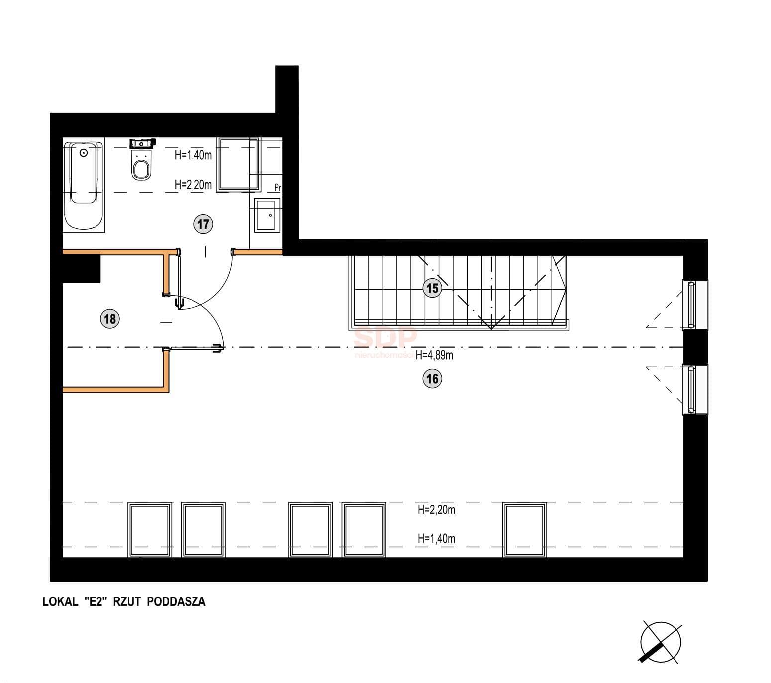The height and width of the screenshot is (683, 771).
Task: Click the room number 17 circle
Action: click(203, 224)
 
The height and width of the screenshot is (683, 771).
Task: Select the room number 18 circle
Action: click(110, 318)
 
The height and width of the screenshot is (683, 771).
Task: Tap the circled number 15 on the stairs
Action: click(432, 288)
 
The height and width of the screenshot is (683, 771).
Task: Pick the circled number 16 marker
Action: click(432, 378)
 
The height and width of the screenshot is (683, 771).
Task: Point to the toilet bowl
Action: click(141, 164)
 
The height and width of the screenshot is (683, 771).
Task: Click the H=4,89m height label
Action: click(434, 355)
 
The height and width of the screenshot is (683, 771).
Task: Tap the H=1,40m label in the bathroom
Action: click(193, 155)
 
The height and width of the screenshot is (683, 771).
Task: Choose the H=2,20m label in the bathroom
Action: click(193, 185)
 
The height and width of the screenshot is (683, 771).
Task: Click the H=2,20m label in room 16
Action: click(436, 509)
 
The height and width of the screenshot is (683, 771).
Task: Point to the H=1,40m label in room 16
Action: click(436, 538)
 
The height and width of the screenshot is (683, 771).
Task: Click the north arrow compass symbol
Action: click(660, 642)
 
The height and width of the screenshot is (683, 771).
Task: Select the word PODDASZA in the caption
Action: click(176, 601)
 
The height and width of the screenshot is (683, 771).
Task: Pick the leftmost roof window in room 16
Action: click(150, 529)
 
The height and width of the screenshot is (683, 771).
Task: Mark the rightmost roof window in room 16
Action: click(525, 529)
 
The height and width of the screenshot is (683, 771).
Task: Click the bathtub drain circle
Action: click(84, 153)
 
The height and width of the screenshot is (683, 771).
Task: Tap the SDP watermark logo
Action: click(385, 338)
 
